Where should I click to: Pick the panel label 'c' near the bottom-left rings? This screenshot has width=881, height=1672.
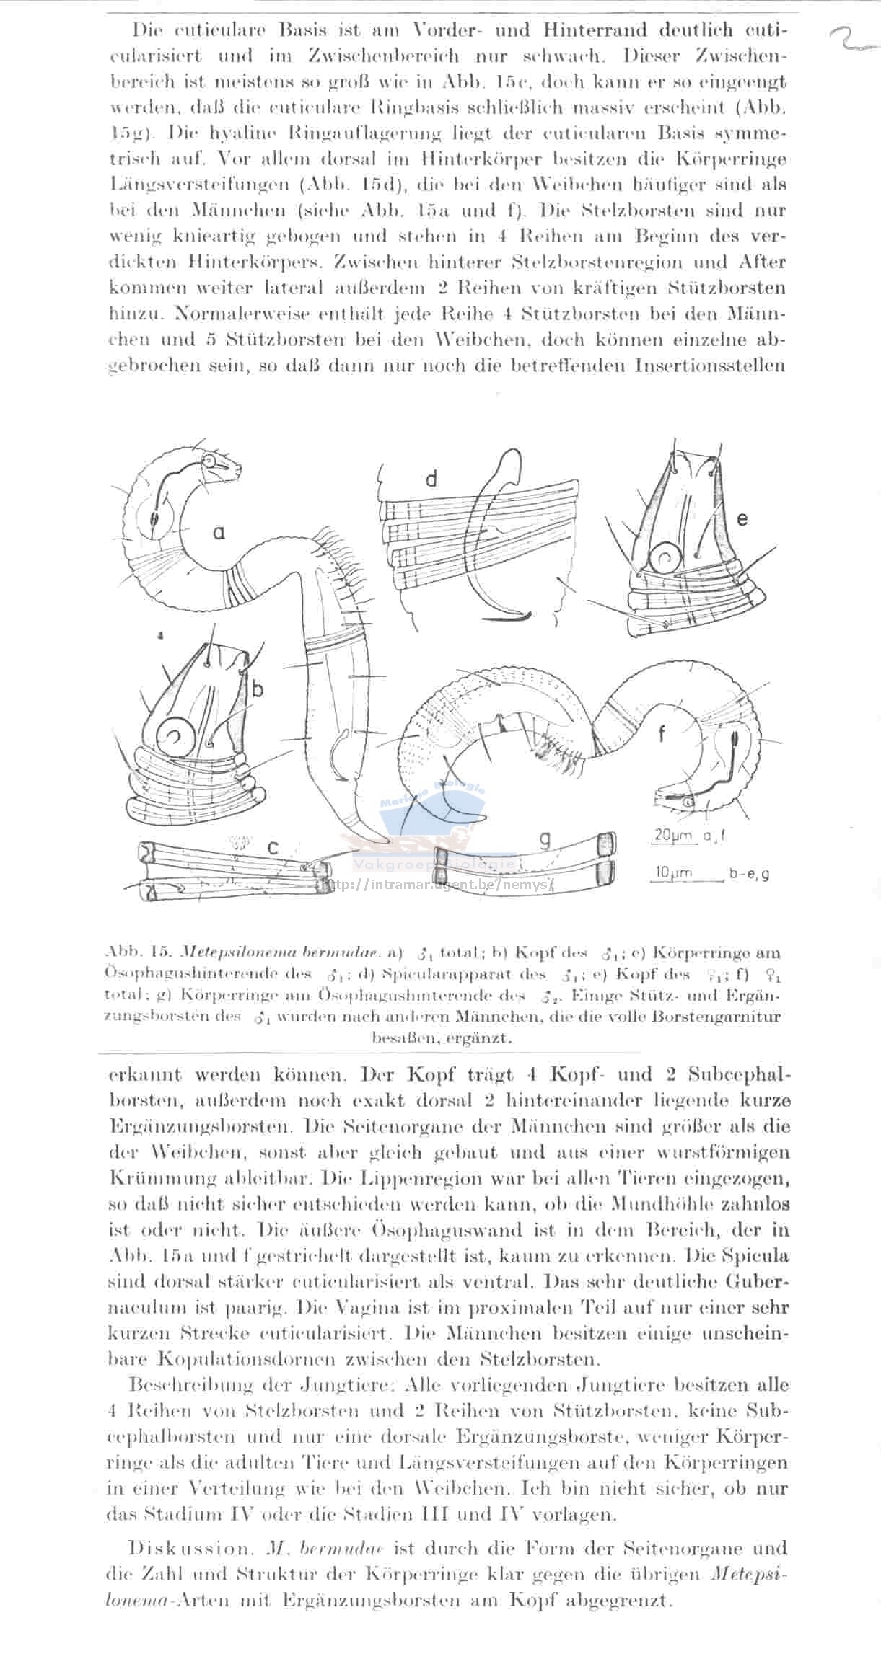click(273, 849)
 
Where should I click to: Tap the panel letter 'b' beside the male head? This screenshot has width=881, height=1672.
click(258, 689)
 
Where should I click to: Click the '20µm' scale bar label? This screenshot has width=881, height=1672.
click(672, 836)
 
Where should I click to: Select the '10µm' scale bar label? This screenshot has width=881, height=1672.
click(672, 873)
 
